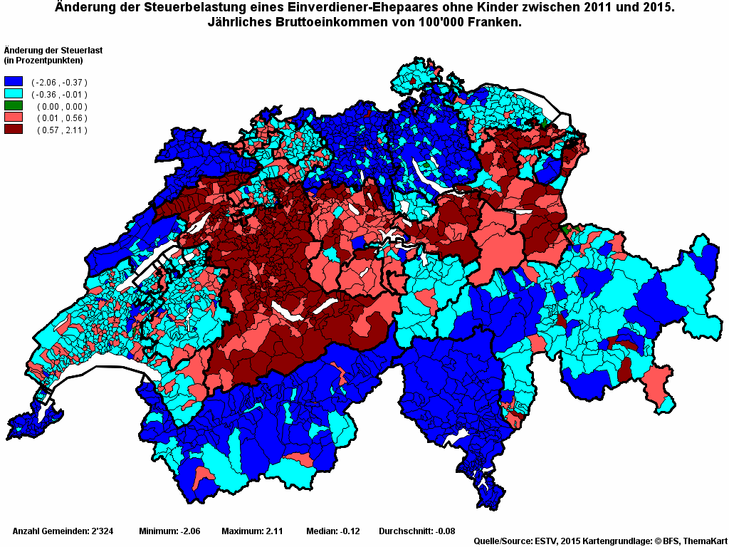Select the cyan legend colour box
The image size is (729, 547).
(14, 94)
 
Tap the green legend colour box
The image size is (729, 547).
(14, 106)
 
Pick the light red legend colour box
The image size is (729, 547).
(14, 118)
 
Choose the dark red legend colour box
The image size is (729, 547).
(14, 130)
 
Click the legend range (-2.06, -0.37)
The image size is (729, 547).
(59, 83)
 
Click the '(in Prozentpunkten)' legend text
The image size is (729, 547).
(44, 60)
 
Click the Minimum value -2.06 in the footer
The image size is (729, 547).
(189, 531)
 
